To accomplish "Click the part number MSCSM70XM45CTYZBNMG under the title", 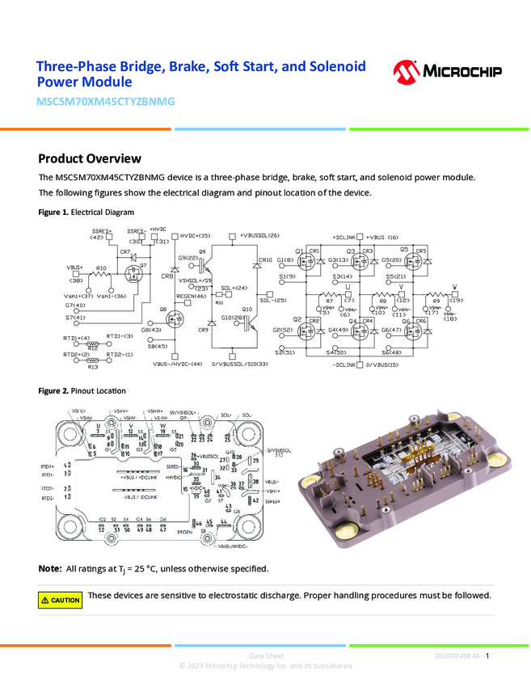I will [106, 103].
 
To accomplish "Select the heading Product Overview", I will [90, 158].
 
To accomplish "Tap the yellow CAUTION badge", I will [61, 600].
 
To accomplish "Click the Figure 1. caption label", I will [54, 213].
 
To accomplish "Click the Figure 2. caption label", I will [54, 391].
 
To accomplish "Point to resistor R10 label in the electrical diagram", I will [101, 268].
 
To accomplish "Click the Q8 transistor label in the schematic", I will [163, 310].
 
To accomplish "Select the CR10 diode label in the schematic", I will [264, 260].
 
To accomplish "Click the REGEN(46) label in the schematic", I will [191, 297].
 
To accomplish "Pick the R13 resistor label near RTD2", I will [93, 367].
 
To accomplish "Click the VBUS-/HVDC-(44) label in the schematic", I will [177, 365].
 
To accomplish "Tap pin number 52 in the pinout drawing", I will [102, 529].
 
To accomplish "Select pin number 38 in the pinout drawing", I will [256, 482].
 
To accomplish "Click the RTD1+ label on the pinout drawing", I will [47, 466].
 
